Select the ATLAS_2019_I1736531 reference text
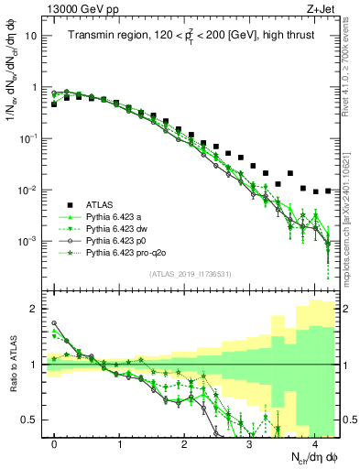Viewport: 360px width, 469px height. (x=191, y=274)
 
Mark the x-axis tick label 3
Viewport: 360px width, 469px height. (x=250, y=442)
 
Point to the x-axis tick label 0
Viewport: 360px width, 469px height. (x=55, y=442)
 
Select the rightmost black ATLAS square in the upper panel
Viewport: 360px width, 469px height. (x=328, y=191)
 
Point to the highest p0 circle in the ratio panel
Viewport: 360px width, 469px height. (x=55, y=323)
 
